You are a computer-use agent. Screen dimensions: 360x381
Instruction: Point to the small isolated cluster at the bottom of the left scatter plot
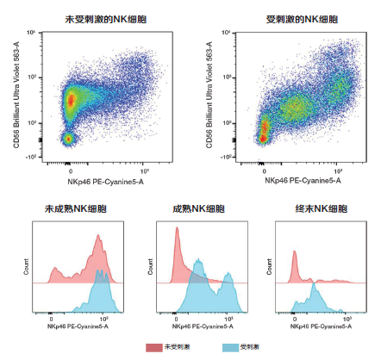pos(69,138)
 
